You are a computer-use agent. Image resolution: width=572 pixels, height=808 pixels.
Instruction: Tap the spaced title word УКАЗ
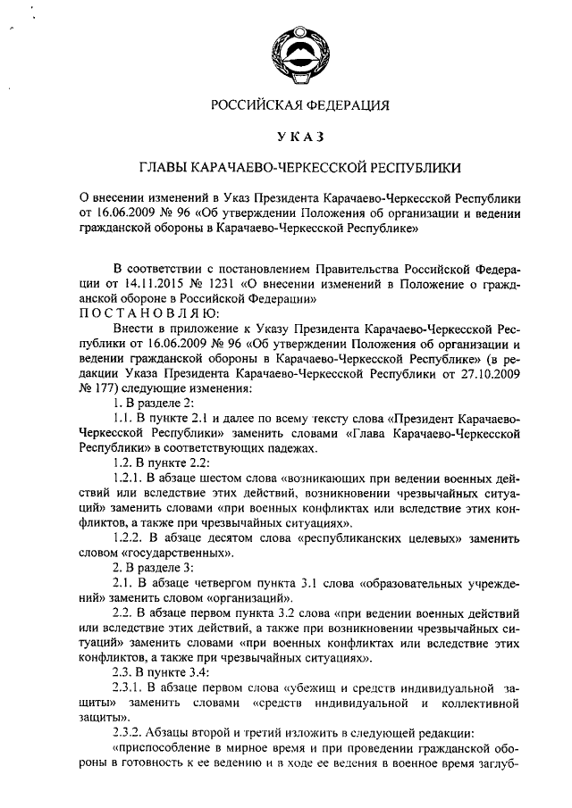(x=299, y=137)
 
